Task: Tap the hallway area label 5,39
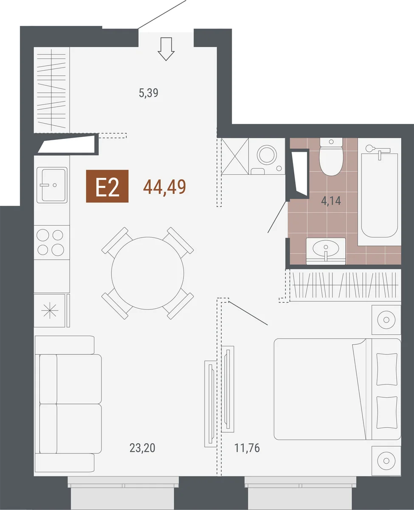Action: click(149, 93)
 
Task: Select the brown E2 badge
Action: click(107, 186)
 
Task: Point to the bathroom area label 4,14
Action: click(331, 201)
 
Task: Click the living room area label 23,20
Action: click(142, 448)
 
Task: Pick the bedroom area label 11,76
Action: click(247, 448)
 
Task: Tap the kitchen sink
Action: click(52, 185)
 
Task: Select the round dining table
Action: click(148, 273)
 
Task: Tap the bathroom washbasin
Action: click(326, 251)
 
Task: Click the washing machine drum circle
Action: click(267, 154)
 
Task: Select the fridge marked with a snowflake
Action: click(50, 311)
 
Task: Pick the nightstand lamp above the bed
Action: click(386, 320)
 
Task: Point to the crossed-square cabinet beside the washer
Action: click(235, 156)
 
